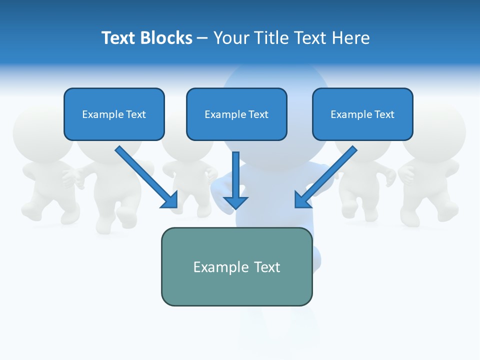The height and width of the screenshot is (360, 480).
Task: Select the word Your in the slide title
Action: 230,38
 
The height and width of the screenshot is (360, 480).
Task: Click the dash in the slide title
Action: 202,38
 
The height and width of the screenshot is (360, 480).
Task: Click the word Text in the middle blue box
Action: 258,114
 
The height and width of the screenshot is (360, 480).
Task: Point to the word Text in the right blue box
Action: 384,114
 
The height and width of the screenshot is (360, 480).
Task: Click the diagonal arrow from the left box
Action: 145,176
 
